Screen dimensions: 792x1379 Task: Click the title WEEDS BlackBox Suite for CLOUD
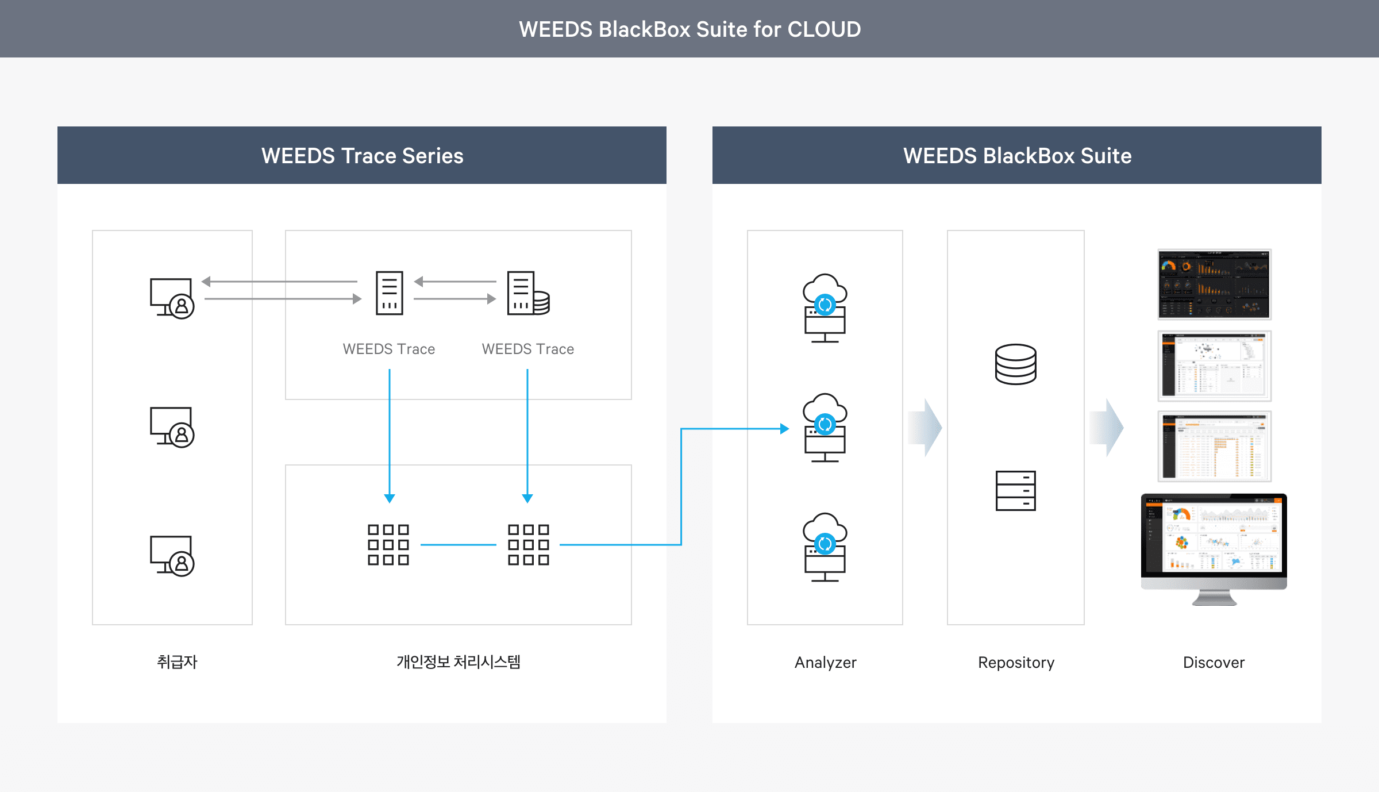(689, 29)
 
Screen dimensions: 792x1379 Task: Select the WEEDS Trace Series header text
(362, 156)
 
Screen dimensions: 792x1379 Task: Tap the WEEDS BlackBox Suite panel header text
(1017, 156)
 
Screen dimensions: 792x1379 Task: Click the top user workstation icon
(172, 298)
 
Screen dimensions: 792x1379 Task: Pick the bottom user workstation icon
(172, 556)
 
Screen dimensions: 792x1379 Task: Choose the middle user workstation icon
(172, 427)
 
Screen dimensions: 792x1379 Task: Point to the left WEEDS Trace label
(389, 349)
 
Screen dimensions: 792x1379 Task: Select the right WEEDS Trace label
(528, 349)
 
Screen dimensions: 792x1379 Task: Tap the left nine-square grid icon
(388, 544)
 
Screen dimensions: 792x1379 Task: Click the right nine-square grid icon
(529, 544)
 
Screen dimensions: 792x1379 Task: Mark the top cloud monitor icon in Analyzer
(825, 308)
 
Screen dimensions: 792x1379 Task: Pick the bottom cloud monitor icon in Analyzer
(825, 547)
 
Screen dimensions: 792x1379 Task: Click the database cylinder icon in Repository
(1016, 364)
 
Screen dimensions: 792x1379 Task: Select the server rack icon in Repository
(1016, 490)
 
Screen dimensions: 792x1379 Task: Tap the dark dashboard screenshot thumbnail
(1214, 284)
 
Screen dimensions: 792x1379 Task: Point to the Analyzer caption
(825, 663)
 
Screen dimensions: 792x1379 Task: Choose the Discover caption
(1214, 663)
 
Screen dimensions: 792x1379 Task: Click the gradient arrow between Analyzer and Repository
(925, 428)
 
